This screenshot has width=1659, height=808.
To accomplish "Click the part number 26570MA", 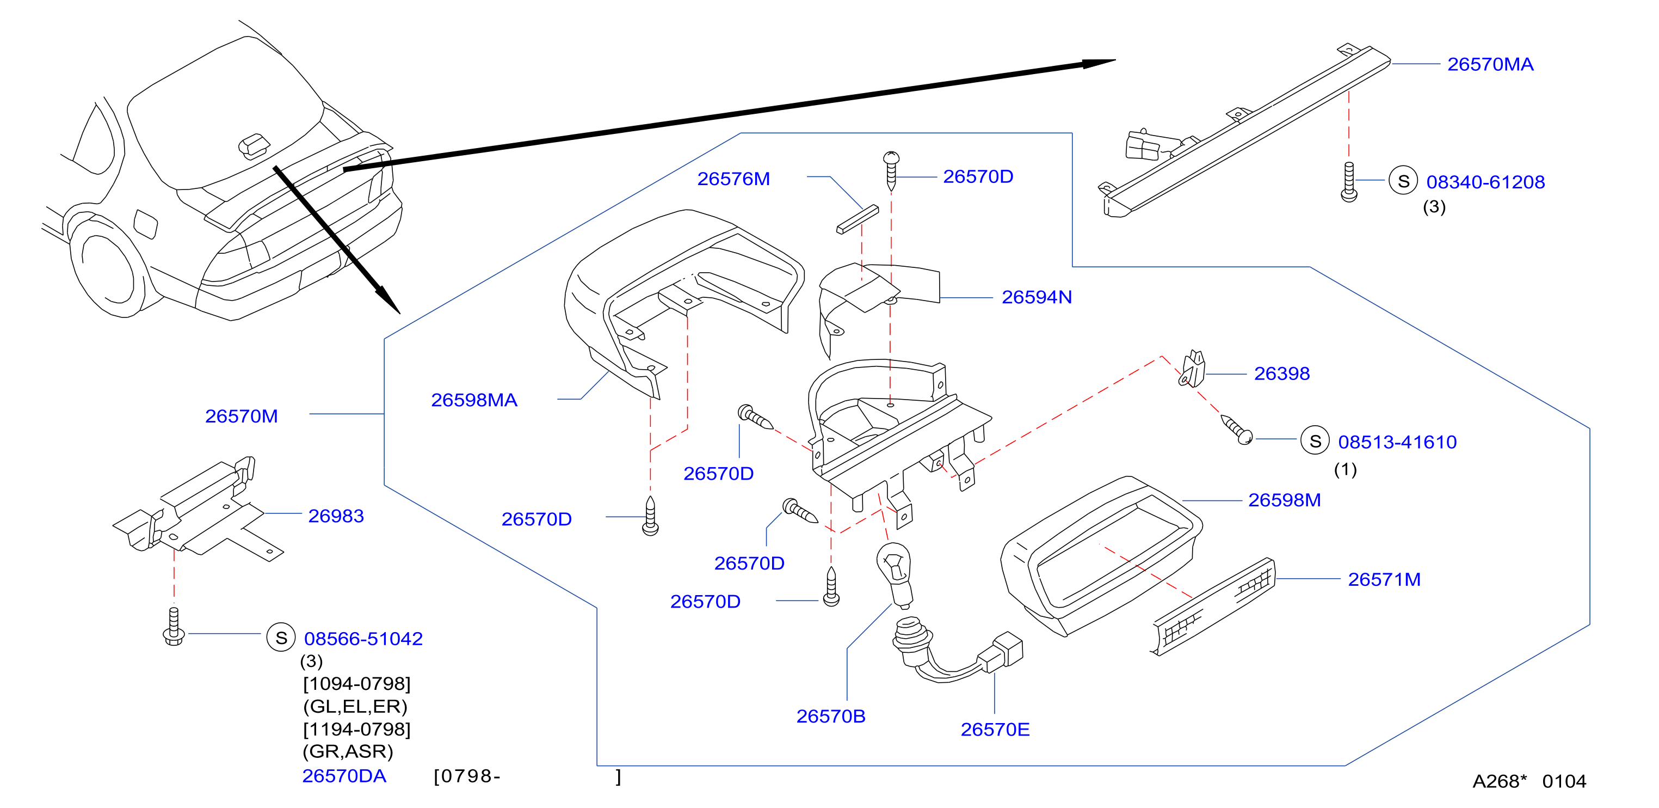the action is pyautogui.click(x=1490, y=64).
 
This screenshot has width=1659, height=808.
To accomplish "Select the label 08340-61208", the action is pyautogui.click(x=1485, y=182).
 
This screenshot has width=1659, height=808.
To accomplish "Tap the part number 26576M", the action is pyautogui.click(x=733, y=179).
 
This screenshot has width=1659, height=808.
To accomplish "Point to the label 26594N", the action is pyautogui.click(x=1036, y=297).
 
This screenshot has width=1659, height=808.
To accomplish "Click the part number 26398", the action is pyautogui.click(x=1281, y=374).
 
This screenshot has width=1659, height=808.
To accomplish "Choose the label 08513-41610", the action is pyautogui.click(x=1397, y=442).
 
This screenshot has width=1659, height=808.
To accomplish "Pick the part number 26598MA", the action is pyautogui.click(x=474, y=400).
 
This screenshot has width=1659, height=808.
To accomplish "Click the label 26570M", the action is pyautogui.click(x=242, y=416).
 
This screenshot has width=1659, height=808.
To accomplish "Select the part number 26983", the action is pyautogui.click(x=336, y=516).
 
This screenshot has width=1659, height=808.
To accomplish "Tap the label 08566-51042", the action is pyautogui.click(x=363, y=639).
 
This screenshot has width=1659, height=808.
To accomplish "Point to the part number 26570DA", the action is pyautogui.click(x=344, y=776).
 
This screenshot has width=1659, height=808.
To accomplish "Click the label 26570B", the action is pyautogui.click(x=831, y=717).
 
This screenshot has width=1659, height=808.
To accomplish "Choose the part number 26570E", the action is pyautogui.click(x=995, y=730).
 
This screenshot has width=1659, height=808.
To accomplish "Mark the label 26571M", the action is pyautogui.click(x=1384, y=579).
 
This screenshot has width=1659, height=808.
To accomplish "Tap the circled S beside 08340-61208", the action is pyautogui.click(x=1403, y=181).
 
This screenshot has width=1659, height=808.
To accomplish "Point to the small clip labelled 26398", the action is pyautogui.click(x=1192, y=369).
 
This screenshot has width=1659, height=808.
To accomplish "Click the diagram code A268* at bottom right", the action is pyautogui.click(x=1499, y=781).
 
